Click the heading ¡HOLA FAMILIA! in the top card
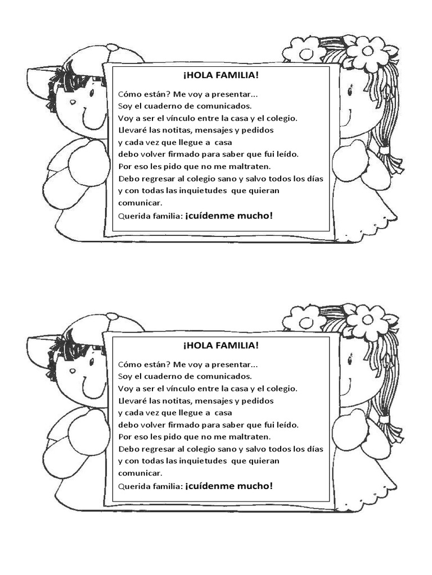point(220,75)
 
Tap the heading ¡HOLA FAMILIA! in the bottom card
point(220,345)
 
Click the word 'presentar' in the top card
point(233,93)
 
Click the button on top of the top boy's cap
point(112,48)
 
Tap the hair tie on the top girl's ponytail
point(384,150)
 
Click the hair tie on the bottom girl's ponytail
point(384,419)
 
